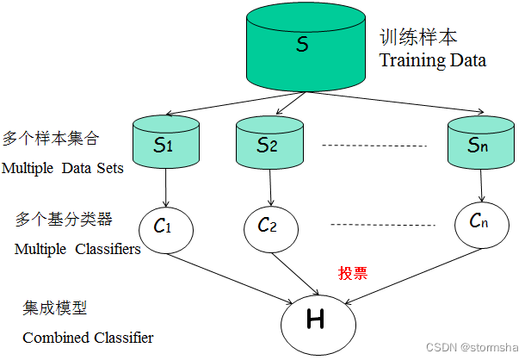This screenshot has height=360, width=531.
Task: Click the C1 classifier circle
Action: (x=164, y=227)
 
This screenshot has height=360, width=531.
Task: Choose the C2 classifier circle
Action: (x=267, y=226)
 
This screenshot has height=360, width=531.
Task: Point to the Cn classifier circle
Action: (x=480, y=222)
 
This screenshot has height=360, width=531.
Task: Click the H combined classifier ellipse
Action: (x=317, y=321)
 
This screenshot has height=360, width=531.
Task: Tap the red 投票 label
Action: (x=353, y=274)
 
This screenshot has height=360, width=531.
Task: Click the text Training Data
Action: (x=433, y=61)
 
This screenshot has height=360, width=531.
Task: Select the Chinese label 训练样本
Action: (x=418, y=39)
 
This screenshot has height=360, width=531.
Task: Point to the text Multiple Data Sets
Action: (x=62, y=168)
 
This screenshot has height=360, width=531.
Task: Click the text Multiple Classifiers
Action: (x=77, y=250)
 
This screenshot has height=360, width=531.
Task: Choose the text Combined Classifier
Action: (x=88, y=337)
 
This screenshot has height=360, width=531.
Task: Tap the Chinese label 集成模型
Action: (x=55, y=307)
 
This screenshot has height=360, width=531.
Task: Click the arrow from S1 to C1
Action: (x=164, y=185)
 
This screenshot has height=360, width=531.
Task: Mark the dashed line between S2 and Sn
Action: (x=374, y=146)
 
